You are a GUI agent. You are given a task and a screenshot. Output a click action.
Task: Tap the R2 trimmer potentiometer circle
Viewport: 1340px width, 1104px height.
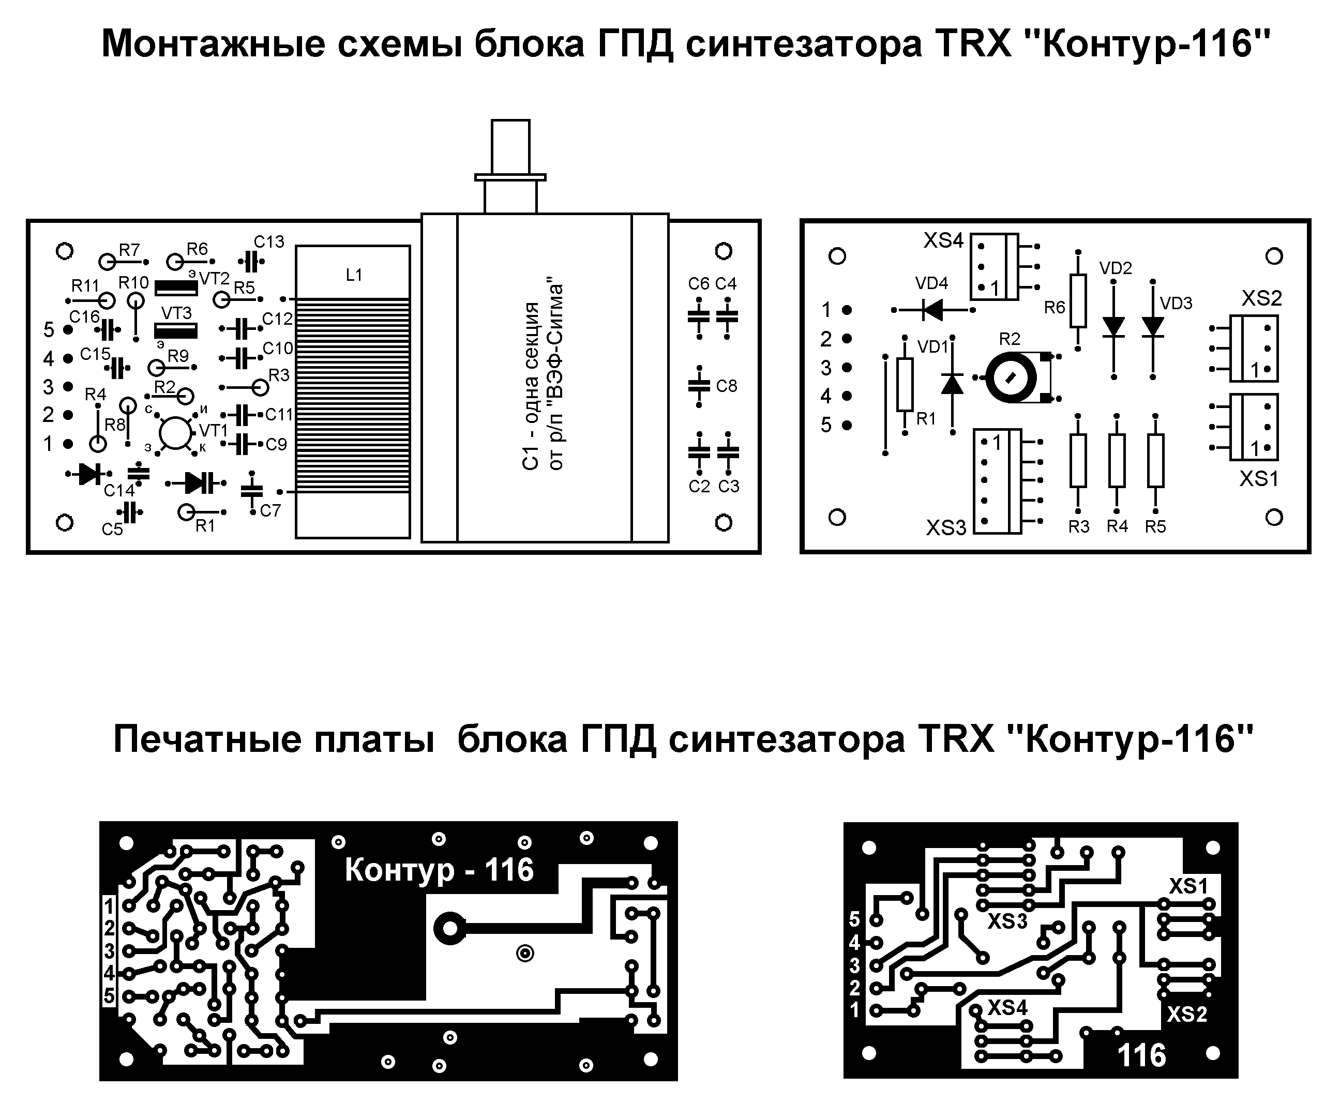click(1011, 378)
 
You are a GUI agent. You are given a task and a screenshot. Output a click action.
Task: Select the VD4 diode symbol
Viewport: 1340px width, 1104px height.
click(932, 310)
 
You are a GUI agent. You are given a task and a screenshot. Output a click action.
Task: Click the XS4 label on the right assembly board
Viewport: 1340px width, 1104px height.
click(943, 240)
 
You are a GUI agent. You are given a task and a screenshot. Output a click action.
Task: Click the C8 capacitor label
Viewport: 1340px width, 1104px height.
click(726, 386)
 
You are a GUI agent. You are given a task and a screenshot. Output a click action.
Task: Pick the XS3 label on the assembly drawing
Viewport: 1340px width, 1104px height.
click(946, 527)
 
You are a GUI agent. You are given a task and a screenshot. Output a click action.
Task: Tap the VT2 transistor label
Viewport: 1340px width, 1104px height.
click(214, 279)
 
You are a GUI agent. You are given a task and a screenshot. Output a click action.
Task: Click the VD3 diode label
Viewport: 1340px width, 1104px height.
click(1176, 304)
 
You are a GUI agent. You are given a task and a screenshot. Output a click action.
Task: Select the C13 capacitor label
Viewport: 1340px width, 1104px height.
click(269, 241)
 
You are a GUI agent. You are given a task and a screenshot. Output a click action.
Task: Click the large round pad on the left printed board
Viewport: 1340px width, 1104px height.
click(449, 929)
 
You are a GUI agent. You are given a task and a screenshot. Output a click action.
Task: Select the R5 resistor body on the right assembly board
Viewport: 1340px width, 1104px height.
click(1155, 460)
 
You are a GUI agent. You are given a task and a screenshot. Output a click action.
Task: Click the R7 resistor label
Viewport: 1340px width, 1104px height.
click(129, 250)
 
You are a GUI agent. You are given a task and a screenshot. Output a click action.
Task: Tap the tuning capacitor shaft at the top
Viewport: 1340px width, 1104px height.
click(510, 146)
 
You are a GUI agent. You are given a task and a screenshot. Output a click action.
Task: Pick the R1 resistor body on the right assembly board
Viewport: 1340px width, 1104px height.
click(905, 384)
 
